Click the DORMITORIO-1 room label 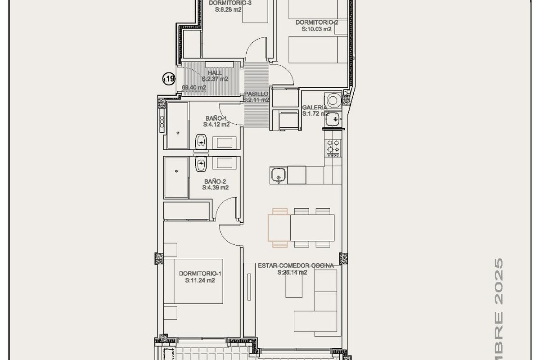(x=200, y=273)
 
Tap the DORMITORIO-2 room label (x=317, y=22)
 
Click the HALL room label (x=215, y=72)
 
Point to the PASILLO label (x=256, y=94)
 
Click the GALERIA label (x=315, y=108)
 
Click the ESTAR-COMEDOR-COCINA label (x=296, y=266)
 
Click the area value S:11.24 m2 (x=200, y=280)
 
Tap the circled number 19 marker (x=168, y=80)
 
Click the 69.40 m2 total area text (x=194, y=88)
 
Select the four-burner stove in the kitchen (x=333, y=146)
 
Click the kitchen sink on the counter (x=278, y=175)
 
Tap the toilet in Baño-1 (x=201, y=142)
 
